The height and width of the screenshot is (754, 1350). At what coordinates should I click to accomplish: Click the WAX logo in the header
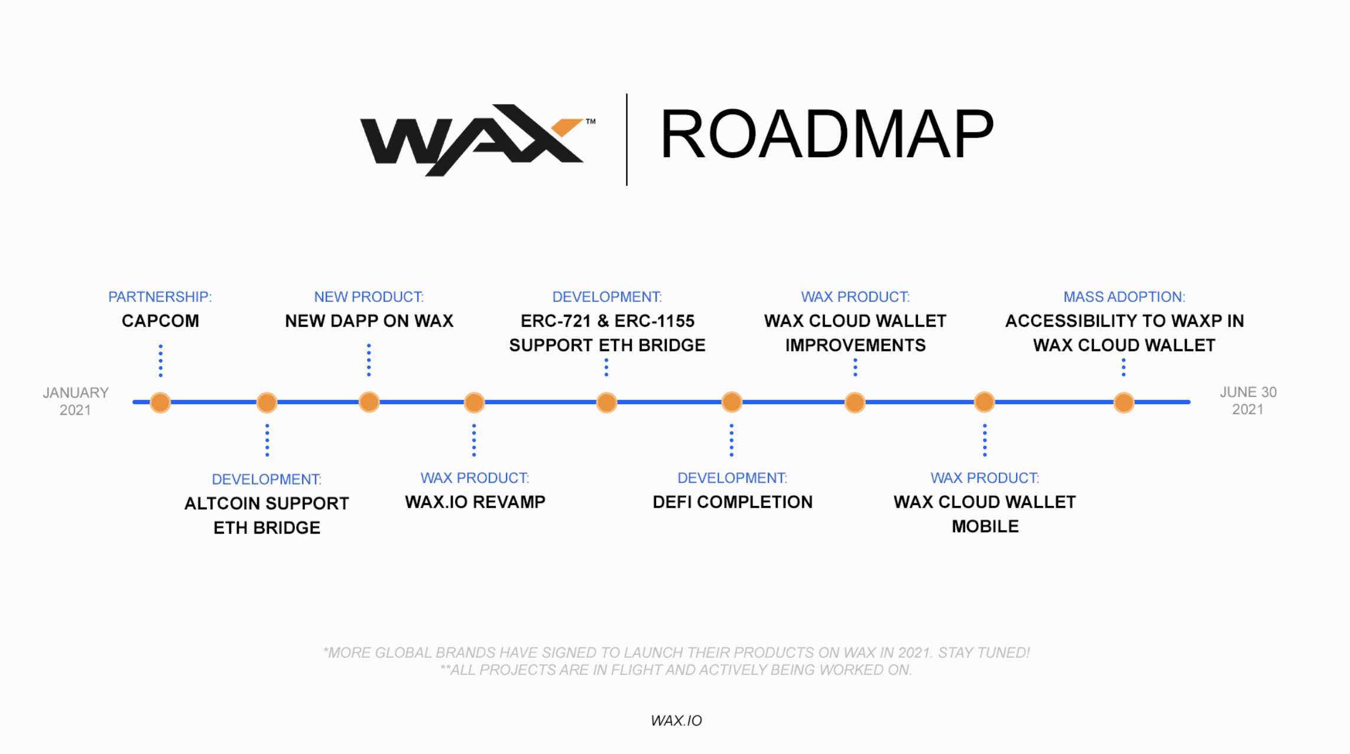tap(473, 139)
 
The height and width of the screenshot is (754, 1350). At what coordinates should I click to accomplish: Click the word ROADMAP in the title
tap(826, 135)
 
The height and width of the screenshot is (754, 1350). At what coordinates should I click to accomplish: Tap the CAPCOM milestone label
tap(160, 321)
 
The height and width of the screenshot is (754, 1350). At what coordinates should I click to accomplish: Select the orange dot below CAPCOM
tap(160, 402)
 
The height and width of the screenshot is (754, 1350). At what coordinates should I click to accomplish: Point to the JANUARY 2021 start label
tap(75, 401)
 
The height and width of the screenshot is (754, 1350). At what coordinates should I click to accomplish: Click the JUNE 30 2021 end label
tap(1248, 401)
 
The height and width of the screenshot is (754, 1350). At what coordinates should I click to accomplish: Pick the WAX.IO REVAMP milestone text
tap(475, 502)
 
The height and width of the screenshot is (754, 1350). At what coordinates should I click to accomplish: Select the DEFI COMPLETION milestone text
tap(732, 502)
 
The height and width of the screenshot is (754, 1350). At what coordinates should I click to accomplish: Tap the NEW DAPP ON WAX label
tap(369, 321)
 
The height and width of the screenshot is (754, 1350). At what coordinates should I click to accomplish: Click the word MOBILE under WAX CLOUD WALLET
tap(985, 526)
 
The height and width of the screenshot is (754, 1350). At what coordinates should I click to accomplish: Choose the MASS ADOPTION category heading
tap(1124, 297)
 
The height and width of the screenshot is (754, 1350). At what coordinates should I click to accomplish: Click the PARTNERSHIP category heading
tap(160, 297)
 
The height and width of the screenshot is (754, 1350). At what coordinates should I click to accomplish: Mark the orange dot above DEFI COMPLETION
tap(732, 402)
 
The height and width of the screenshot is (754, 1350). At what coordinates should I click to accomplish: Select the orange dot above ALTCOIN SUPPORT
tap(267, 402)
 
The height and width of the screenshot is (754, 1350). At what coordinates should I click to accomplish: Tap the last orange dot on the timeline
tap(1124, 402)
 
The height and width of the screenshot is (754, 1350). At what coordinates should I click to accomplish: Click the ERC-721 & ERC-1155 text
tap(607, 321)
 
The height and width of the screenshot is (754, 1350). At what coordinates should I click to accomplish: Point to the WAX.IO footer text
tap(676, 721)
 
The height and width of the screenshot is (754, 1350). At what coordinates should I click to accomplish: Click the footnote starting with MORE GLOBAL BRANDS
tap(676, 653)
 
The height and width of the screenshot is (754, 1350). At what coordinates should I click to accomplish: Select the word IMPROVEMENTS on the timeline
tap(855, 345)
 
